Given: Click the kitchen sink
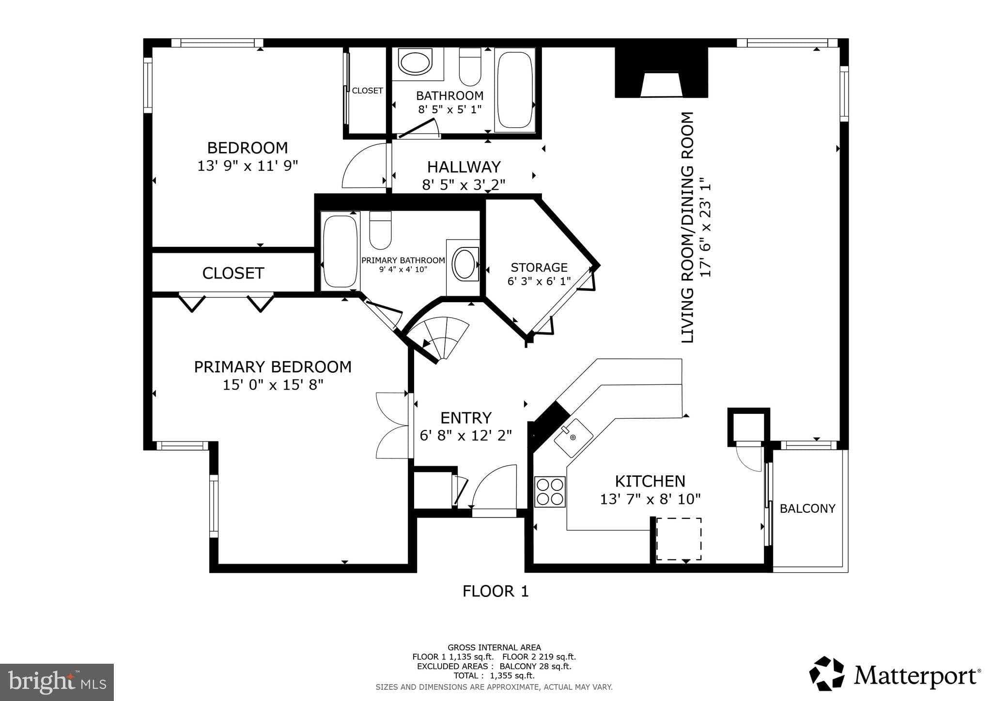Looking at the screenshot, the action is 573,438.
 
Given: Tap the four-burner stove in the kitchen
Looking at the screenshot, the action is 550,492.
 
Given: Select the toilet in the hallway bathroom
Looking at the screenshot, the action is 470,67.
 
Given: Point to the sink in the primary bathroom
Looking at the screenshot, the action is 465,264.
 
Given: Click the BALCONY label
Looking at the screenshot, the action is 807,508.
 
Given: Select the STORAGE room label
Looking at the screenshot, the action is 539,267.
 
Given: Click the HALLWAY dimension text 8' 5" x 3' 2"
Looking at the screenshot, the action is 464,184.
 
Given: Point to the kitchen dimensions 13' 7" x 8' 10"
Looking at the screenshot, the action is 650,499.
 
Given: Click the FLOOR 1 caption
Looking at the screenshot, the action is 496,591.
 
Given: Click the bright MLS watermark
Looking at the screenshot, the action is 57,682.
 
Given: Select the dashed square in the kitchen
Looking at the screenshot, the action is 679,539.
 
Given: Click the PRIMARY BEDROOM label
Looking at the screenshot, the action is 273,367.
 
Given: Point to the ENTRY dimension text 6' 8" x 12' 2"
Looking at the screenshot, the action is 465,436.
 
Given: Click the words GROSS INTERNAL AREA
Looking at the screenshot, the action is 494,647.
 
